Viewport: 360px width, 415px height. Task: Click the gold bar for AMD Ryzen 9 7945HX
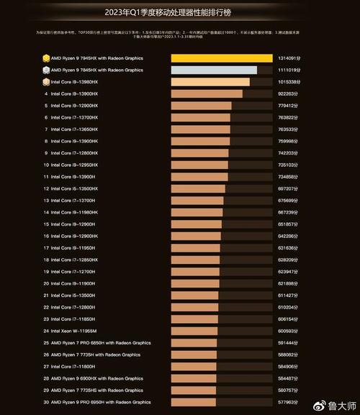coord(222,58)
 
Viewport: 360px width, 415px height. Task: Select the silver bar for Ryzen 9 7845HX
coord(214,70)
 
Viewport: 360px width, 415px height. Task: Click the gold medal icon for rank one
coord(45,58)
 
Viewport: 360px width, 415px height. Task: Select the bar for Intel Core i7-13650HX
coord(200,129)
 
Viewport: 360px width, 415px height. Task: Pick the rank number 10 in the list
coord(45,165)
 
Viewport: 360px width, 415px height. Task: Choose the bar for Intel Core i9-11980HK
coord(197,212)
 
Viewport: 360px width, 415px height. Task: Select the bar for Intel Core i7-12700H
coord(195,272)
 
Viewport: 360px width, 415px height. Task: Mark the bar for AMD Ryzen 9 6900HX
coord(194,378)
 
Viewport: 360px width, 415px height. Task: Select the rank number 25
coord(45,342)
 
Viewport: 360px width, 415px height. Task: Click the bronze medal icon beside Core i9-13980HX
coord(45,82)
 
